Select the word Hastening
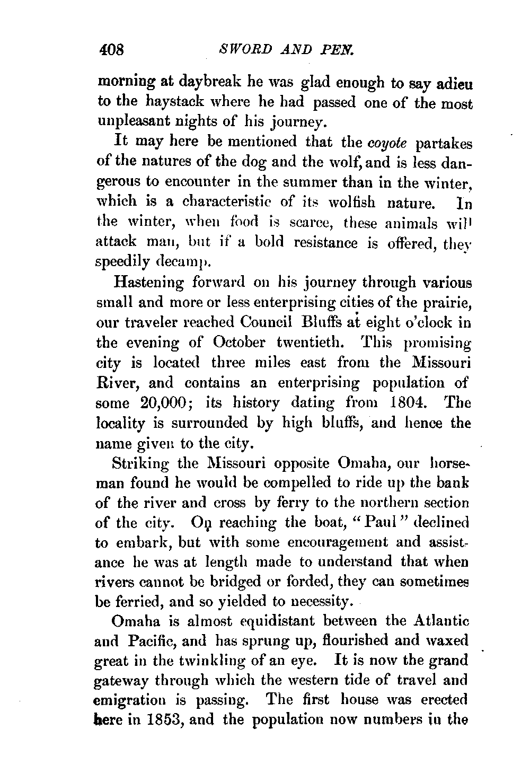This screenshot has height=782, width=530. point(148,283)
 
